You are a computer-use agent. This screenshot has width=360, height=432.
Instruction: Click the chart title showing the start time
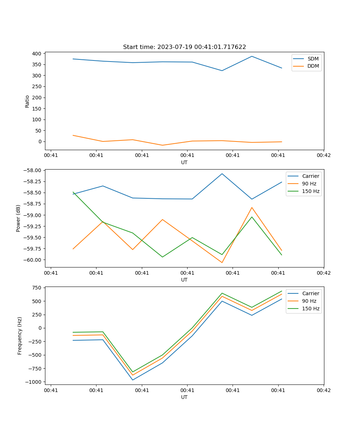(x=184, y=47)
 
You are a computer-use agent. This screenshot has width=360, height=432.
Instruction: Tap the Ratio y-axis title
(x=27, y=101)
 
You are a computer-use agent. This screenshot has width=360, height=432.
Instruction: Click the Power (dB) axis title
(x=18, y=218)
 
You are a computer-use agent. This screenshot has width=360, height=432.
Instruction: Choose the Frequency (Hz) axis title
(x=20, y=336)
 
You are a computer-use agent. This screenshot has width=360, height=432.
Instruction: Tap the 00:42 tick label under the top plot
(x=323, y=156)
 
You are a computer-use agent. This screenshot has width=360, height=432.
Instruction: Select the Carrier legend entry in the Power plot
(x=310, y=176)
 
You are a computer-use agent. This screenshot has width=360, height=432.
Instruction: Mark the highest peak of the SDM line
(x=252, y=56)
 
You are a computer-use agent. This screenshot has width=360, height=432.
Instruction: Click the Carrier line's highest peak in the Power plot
(x=222, y=174)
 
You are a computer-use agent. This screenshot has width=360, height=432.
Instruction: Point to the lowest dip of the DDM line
(x=162, y=145)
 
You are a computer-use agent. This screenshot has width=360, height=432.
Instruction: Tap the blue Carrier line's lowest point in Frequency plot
(x=132, y=380)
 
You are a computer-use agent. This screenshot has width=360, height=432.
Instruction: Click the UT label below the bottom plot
(x=184, y=397)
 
